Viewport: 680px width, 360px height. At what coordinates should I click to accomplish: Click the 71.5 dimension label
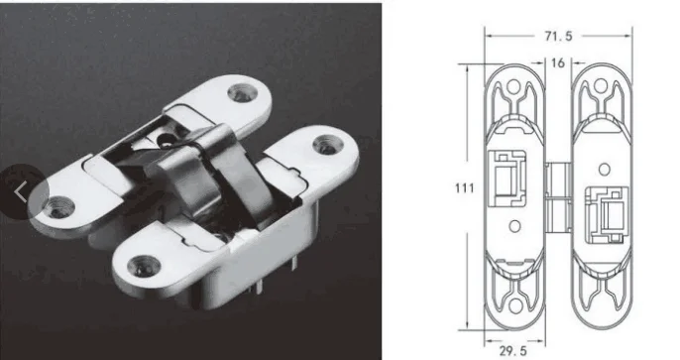click(559, 37)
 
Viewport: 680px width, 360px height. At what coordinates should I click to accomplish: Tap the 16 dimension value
click(558, 63)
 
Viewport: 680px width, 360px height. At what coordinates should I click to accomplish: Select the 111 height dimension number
click(464, 188)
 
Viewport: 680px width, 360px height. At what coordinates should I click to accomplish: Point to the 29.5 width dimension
click(513, 351)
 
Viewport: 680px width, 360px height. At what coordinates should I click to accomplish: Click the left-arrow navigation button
click(21, 191)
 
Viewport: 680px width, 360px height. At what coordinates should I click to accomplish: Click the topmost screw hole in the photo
click(243, 93)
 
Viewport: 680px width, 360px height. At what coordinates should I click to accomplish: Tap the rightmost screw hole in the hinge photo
click(328, 145)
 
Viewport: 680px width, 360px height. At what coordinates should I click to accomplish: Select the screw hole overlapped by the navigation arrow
click(59, 207)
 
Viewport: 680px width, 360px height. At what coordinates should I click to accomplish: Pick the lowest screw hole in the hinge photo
click(144, 266)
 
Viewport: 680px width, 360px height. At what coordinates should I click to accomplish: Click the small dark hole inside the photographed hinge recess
click(165, 140)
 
